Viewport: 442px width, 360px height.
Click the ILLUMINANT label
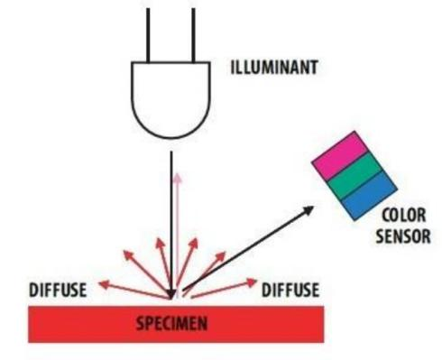[x=274, y=68]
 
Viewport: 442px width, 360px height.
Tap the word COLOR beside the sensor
[x=404, y=216]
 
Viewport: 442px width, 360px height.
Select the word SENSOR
[x=403, y=236]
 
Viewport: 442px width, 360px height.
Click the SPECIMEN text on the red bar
[x=171, y=324]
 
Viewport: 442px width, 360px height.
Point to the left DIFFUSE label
[x=58, y=290]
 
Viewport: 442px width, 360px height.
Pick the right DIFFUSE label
[x=290, y=290]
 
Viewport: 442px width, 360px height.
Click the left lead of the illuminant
[x=148, y=35]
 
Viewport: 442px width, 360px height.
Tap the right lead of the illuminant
[x=193, y=35]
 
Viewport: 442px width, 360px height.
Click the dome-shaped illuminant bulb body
[x=170, y=100]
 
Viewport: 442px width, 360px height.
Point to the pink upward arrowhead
[x=178, y=178]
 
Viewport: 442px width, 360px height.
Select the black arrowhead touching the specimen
[x=171, y=294]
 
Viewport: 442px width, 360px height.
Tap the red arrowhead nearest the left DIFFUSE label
[x=104, y=283]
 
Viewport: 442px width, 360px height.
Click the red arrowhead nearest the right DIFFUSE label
[x=252, y=282]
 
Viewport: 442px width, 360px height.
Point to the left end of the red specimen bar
[x=29, y=324]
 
